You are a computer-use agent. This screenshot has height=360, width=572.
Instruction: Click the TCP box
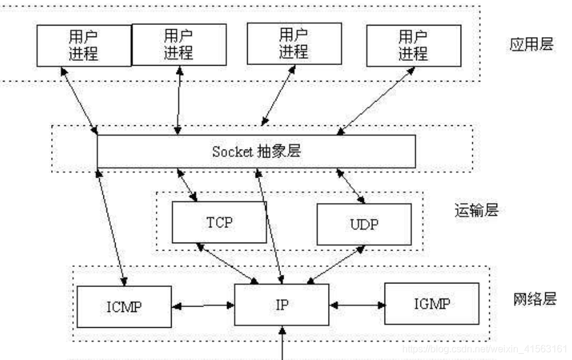219,222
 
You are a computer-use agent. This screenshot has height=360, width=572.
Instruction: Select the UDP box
364,224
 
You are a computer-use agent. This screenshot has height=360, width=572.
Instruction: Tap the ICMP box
124,306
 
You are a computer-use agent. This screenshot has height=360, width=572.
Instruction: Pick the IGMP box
431,303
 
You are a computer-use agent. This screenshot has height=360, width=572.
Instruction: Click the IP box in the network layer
282,304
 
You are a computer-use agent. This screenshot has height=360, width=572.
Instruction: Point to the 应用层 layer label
531,45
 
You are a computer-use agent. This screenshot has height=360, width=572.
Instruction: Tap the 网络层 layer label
534,299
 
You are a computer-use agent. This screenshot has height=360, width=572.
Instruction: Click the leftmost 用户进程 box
83,46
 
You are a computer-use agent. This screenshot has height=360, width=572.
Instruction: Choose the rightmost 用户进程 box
413,46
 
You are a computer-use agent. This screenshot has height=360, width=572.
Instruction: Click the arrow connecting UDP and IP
337,265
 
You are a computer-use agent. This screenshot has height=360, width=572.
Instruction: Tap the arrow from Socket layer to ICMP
111,226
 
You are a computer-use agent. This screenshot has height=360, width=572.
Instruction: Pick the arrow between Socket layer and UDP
351,185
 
